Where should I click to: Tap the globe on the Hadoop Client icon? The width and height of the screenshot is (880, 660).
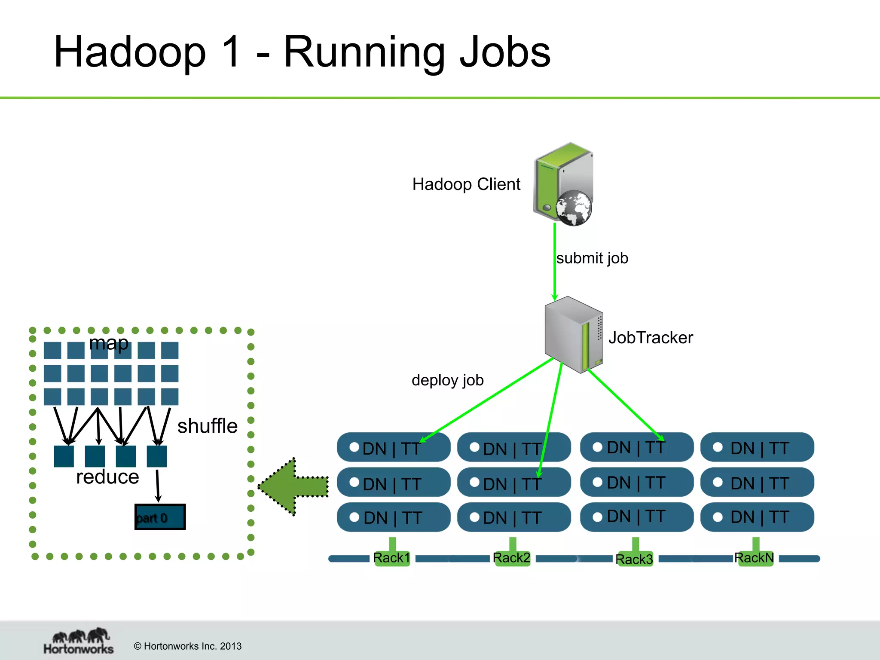[x=574, y=208]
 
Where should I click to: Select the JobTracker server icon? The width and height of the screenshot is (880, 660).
[x=574, y=334]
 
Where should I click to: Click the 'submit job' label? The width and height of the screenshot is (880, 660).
[x=592, y=258]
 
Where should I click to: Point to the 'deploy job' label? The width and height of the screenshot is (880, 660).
[x=447, y=380]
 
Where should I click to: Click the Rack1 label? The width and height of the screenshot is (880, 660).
[x=391, y=558]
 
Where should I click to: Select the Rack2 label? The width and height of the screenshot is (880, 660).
[x=511, y=558]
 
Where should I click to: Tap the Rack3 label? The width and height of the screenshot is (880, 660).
[x=634, y=559]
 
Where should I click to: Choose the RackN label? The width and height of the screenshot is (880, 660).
[x=754, y=558]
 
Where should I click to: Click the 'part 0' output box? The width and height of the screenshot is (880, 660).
[x=160, y=517]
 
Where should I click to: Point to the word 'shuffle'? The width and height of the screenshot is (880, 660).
[x=207, y=426]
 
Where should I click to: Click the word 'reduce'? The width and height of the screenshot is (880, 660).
[x=107, y=477]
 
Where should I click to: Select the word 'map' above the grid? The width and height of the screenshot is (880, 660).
[x=109, y=343]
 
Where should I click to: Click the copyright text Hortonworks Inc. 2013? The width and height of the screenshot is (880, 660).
[x=188, y=646]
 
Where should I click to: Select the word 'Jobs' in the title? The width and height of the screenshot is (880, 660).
[x=505, y=52]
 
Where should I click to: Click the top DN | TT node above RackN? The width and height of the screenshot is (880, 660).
[x=757, y=447]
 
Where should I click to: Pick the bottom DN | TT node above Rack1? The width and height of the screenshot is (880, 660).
[x=393, y=517]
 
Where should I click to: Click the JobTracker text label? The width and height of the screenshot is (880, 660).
[x=651, y=338]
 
